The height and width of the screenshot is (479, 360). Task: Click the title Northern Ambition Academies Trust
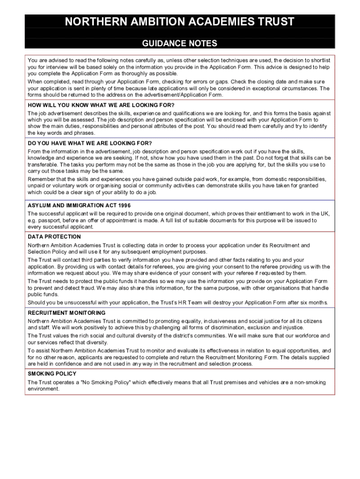point(180,22)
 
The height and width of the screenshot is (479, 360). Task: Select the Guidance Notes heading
point(180,44)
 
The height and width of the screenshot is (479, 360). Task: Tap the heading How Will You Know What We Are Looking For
point(101,105)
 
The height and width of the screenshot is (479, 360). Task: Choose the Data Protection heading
point(54,237)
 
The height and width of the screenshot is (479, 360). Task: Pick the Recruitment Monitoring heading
point(66,312)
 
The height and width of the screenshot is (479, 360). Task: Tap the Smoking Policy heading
point(52,374)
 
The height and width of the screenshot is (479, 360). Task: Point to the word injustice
point(278,328)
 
